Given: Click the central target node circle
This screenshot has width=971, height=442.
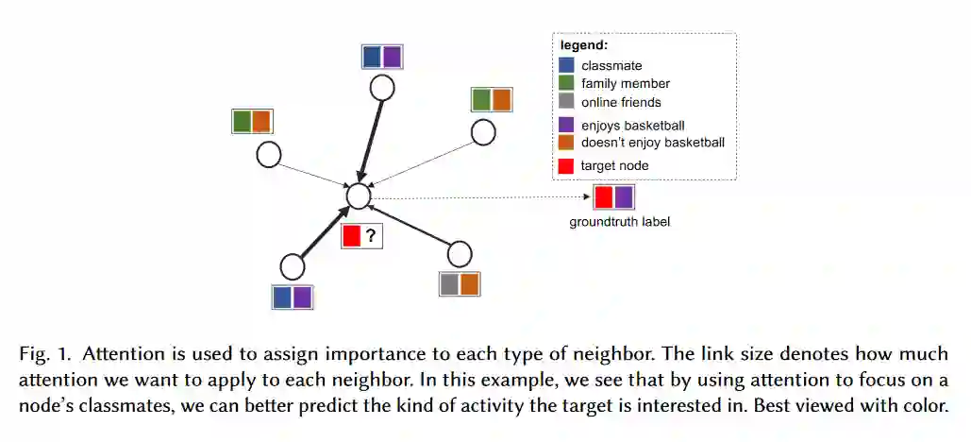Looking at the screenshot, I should (358, 195).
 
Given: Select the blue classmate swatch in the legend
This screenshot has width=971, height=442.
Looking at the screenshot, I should (567, 66).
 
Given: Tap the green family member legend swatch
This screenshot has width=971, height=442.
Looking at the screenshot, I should (567, 83).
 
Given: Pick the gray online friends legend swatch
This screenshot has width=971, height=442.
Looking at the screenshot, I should (567, 101).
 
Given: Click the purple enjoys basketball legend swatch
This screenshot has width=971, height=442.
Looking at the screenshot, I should (567, 125).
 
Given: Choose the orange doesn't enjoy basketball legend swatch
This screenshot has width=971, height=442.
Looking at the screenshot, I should (567, 143).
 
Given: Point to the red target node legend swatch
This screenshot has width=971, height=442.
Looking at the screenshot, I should (567, 165).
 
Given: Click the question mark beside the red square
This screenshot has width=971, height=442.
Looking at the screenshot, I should (372, 237).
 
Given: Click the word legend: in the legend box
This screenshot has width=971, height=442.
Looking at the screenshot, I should (584, 45).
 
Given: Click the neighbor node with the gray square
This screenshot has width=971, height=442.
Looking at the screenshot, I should (460, 254).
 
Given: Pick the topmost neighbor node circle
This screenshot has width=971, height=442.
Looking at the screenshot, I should (381, 88).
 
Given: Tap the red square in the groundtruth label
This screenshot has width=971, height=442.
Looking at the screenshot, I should (603, 197).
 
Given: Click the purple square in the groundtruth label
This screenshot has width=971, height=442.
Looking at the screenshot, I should (624, 197).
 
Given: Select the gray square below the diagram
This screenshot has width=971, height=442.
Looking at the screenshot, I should (449, 283).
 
